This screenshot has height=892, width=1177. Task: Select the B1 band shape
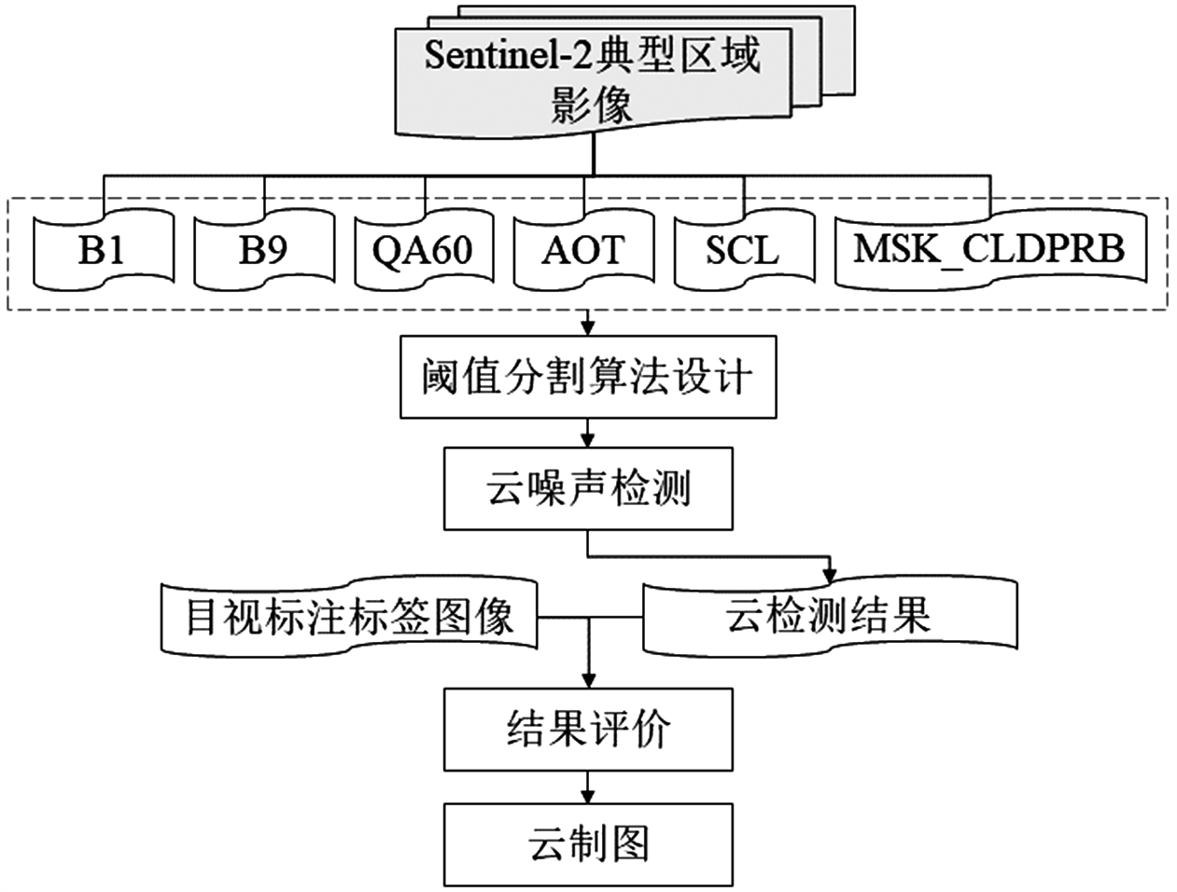coord(102,250)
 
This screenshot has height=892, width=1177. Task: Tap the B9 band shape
coord(263,250)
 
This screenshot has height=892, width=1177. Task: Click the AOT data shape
coord(584,250)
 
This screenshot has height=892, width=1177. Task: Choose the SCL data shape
coord(743,250)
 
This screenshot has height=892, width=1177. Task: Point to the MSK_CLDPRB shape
coord(989,250)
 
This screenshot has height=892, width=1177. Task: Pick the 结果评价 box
coord(588,729)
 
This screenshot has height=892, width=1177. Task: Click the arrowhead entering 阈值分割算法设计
coord(588,328)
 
